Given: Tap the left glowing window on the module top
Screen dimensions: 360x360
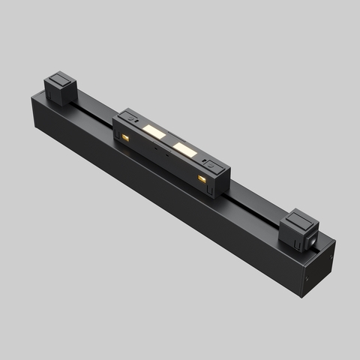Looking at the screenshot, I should click(154, 132).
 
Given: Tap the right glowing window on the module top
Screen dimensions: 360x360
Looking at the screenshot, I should click(184, 148).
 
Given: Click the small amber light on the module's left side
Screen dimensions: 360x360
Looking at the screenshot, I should click(126, 139).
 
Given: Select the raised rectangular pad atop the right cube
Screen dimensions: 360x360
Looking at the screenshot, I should click(301, 218).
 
